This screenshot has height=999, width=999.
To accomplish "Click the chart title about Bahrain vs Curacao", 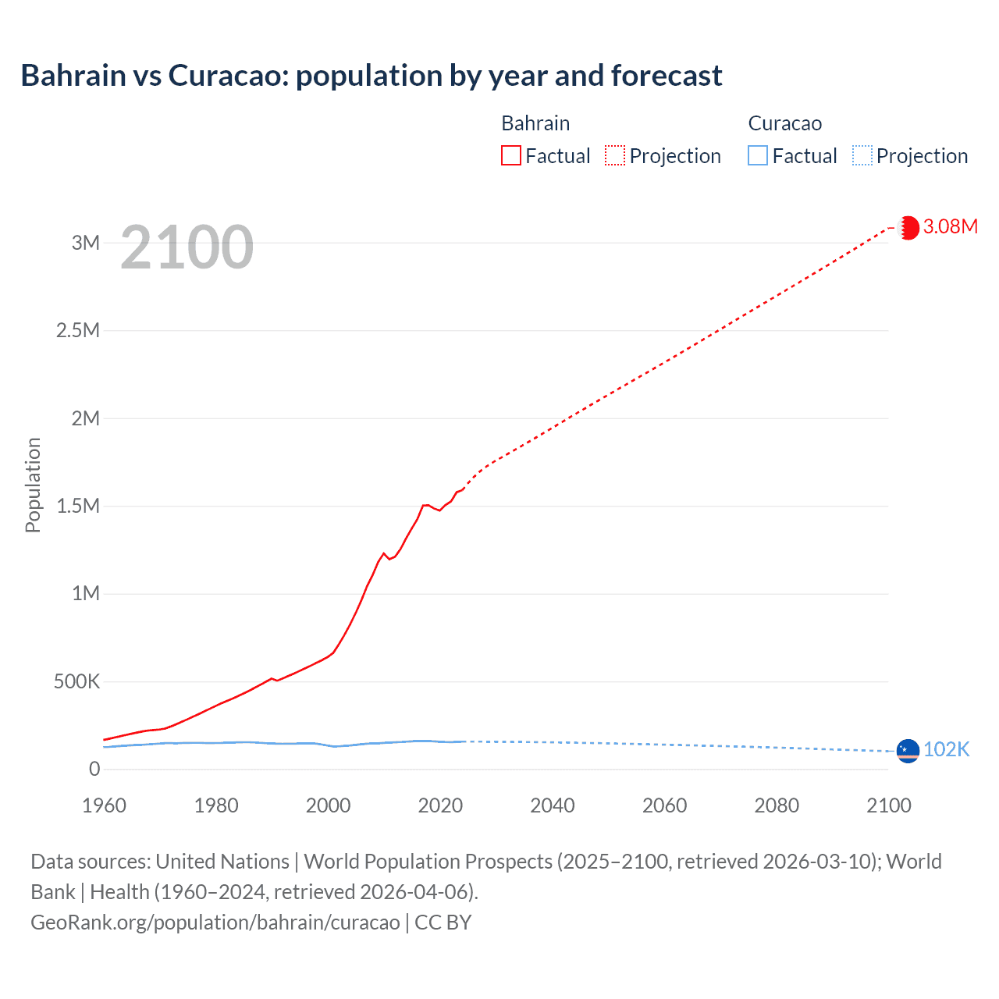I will [372, 76].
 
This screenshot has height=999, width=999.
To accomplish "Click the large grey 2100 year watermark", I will [187, 247].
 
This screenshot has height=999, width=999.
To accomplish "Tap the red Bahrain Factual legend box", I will [510, 155].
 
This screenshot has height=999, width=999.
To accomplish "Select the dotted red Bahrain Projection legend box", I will [615, 155].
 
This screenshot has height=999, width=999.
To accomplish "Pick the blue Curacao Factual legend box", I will [757, 155].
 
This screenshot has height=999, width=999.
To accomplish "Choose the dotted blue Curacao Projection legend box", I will [862, 155].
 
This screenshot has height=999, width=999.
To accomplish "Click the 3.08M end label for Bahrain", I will [950, 226].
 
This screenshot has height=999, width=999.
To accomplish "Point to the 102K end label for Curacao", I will [946, 749].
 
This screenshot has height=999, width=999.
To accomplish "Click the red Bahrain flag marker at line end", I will [908, 227].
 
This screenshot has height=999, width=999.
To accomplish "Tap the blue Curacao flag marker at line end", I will [908, 750].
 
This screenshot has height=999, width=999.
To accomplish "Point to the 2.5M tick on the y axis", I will [78, 330].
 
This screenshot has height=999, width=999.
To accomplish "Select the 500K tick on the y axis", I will [77, 681].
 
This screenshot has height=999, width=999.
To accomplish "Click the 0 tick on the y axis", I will [94, 770].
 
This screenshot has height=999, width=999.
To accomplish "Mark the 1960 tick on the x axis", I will [104, 805].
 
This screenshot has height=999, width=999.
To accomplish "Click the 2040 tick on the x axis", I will [553, 805].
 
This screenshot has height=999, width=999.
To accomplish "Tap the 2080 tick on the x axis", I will [777, 805].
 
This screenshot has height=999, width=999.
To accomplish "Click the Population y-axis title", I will [33, 485].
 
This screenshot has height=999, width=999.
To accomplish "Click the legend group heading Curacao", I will [784, 123].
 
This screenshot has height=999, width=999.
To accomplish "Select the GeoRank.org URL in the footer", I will [215, 923].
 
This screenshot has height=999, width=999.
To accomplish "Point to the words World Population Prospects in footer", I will [428, 862].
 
